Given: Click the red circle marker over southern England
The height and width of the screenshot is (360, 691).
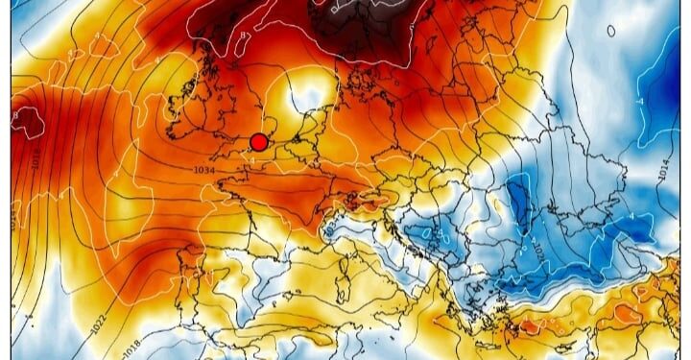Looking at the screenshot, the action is click(258, 142).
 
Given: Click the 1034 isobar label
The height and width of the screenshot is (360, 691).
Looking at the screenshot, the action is click(204, 170).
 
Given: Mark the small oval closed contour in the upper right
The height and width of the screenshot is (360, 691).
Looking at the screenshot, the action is click(610, 31).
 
